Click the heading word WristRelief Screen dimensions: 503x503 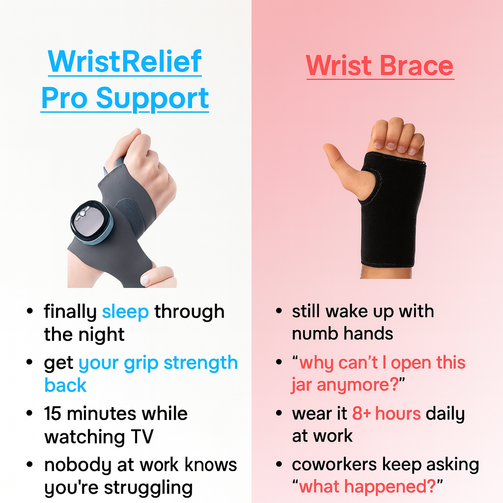[x=124, y=61]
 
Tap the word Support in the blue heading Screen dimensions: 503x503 [x=152, y=99]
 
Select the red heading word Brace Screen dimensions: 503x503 [x=417, y=65]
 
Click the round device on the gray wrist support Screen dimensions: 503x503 [x=90, y=223]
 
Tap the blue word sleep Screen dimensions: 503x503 [x=125, y=312]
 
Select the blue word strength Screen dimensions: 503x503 [x=201, y=363]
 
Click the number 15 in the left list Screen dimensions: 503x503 [x=53, y=414]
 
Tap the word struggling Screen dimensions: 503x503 [x=148, y=488]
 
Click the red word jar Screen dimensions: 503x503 [x=301, y=385]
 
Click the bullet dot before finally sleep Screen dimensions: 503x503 [x=30, y=311]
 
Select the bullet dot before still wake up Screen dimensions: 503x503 [x=279, y=310]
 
